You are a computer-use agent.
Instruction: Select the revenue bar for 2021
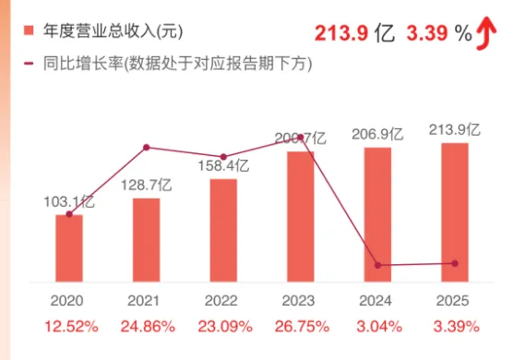146,239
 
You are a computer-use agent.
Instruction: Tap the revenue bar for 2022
223,230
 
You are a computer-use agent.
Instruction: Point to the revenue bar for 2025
455,211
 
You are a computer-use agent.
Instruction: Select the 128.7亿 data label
147,185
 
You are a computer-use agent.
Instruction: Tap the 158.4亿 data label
224,166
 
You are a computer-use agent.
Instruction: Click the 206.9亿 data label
378,134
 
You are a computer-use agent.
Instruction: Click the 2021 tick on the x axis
146,301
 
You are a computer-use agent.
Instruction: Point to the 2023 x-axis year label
300,301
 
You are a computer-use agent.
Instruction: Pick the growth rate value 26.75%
300,326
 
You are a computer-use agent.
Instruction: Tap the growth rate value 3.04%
377,326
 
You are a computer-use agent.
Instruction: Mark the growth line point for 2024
377,265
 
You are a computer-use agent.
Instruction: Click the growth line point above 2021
147,147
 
